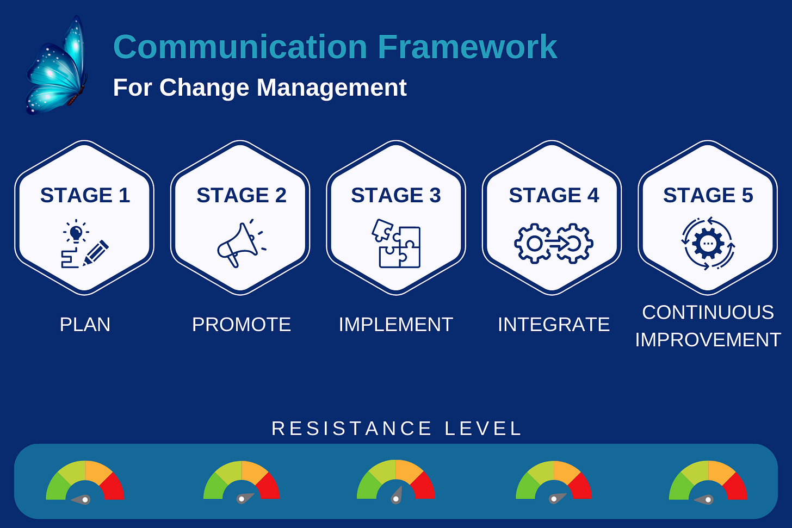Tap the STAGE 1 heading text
click(x=85, y=195)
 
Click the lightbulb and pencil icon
click(x=84, y=244)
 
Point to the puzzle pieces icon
click(x=396, y=244)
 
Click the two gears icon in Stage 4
click(x=553, y=244)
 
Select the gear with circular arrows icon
click(x=708, y=244)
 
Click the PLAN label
click(x=85, y=325)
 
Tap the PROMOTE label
click(x=241, y=325)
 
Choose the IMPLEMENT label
click(x=395, y=325)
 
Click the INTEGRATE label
click(x=553, y=325)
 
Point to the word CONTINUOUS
click(x=708, y=312)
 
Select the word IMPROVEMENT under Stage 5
click(x=708, y=340)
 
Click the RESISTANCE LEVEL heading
click(x=397, y=428)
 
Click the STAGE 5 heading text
click(x=708, y=195)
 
